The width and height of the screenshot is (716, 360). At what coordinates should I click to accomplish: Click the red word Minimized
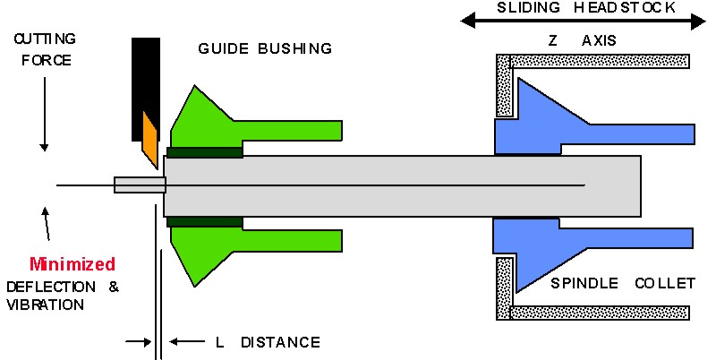(x=72, y=264)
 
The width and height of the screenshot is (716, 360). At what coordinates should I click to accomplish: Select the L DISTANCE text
(x=268, y=342)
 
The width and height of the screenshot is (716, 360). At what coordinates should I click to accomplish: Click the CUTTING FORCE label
(x=42, y=50)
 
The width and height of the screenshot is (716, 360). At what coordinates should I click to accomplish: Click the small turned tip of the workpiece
(x=140, y=185)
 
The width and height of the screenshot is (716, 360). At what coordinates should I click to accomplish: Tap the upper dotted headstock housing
(x=591, y=63)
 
